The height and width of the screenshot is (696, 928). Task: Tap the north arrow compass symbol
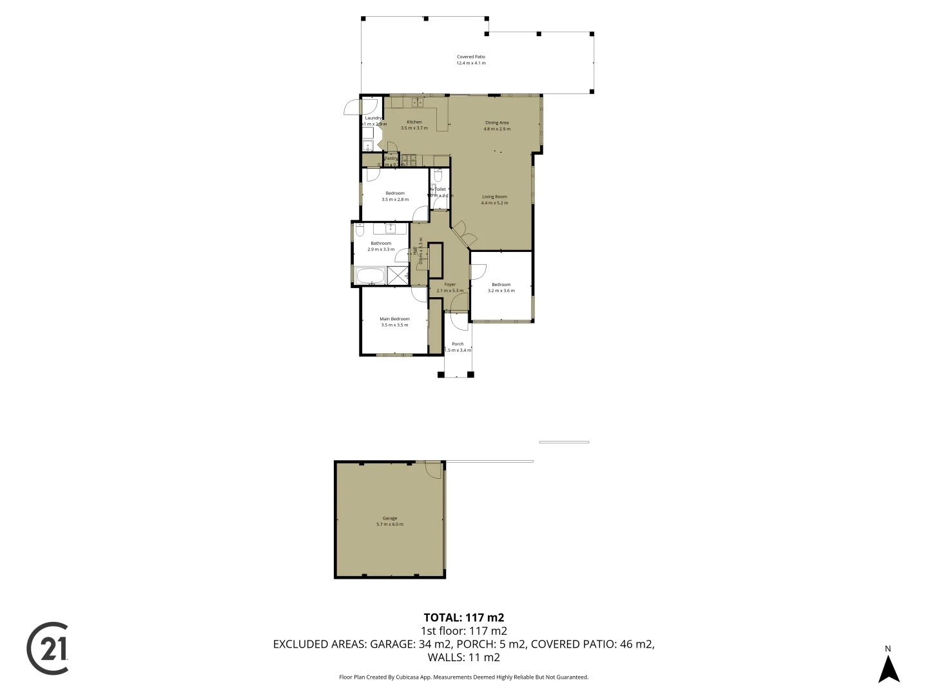pos(889,668)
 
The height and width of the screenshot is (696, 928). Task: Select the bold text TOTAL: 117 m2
pos(463,617)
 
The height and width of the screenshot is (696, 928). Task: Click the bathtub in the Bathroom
pos(370,276)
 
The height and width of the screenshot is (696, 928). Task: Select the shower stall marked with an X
pos(398,275)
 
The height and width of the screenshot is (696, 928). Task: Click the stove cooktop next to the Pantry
pos(409,159)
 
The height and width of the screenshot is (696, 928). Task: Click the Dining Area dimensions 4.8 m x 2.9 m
pos(497,129)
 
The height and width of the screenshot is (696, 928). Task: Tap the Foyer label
pos(450,284)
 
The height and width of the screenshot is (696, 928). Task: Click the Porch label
pos(458,343)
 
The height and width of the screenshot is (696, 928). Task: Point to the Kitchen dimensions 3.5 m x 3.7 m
pos(414,128)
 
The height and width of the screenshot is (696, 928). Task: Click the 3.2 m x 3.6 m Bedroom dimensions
pos(501,291)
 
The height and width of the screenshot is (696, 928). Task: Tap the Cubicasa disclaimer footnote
pos(463,677)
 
